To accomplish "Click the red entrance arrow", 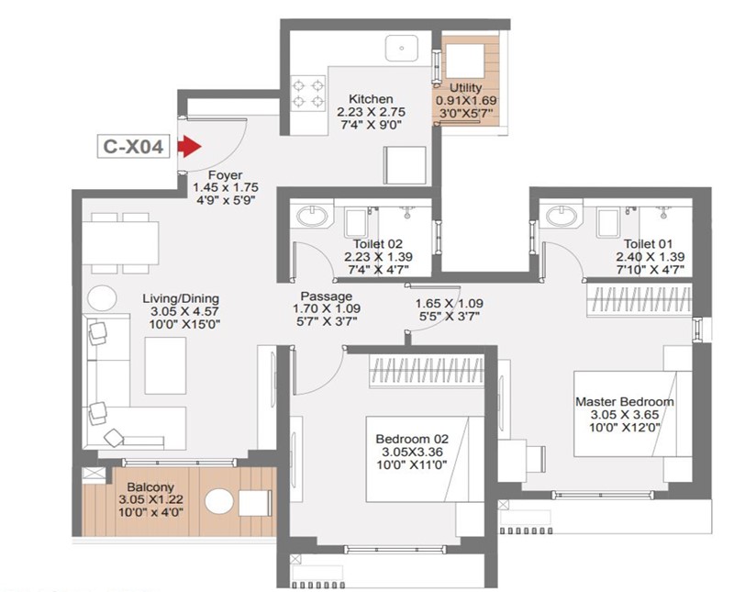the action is click(x=189, y=146).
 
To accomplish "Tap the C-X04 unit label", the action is click(x=133, y=146).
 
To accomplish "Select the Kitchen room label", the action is click(x=371, y=99).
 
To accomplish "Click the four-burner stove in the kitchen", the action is click(x=308, y=93).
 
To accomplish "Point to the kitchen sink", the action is click(x=402, y=48).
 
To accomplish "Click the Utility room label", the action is click(x=466, y=87).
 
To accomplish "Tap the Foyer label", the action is click(x=225, y=174).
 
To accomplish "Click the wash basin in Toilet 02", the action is click(x=312, y=217).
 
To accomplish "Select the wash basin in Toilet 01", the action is click(x=562, y=217).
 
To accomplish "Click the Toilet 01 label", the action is click(x=648, y=244).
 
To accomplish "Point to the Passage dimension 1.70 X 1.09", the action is click(x=327, y=308).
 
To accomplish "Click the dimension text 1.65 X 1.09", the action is click(x=449, y=303).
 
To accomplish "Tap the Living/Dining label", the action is click(x=181, y=298).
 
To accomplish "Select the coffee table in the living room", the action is click(x=165, y=365).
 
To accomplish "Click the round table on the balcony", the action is click(x=219, y=502).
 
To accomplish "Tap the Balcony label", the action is click(x=150, y=487).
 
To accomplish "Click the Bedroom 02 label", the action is click(x=412, y=439).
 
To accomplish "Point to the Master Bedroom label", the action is click(x=624, y=401).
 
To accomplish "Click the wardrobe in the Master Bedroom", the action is click(x=639, y=300).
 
